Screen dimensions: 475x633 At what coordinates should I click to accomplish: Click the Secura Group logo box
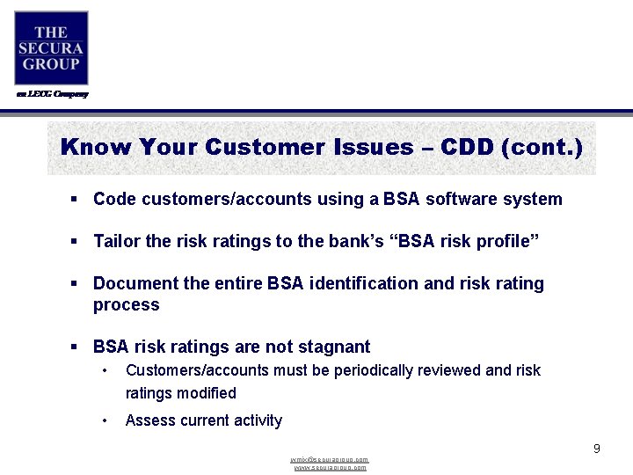coord(51,47)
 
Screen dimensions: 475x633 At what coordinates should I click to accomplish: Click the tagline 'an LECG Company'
coord(51,94)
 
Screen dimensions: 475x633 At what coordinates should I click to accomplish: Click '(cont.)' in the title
coord(541,147)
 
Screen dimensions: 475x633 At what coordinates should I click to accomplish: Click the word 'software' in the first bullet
coord(459,199)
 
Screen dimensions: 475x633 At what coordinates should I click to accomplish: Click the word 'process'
coord(126,305)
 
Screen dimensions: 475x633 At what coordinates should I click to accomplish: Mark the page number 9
coord(596,449)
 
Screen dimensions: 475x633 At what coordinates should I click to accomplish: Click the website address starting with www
coord(330,468)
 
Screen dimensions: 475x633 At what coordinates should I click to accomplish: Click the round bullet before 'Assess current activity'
coord(104,420)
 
